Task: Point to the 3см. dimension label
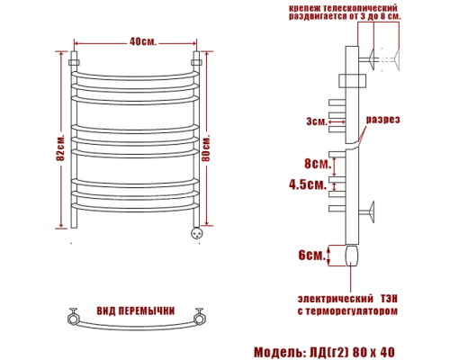[316, 121]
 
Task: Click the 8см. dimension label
[314, 163]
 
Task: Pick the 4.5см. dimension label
[306, 184]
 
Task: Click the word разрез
[382, 121]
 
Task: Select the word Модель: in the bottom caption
[278, 350]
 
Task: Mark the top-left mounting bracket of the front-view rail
[75, 64]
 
